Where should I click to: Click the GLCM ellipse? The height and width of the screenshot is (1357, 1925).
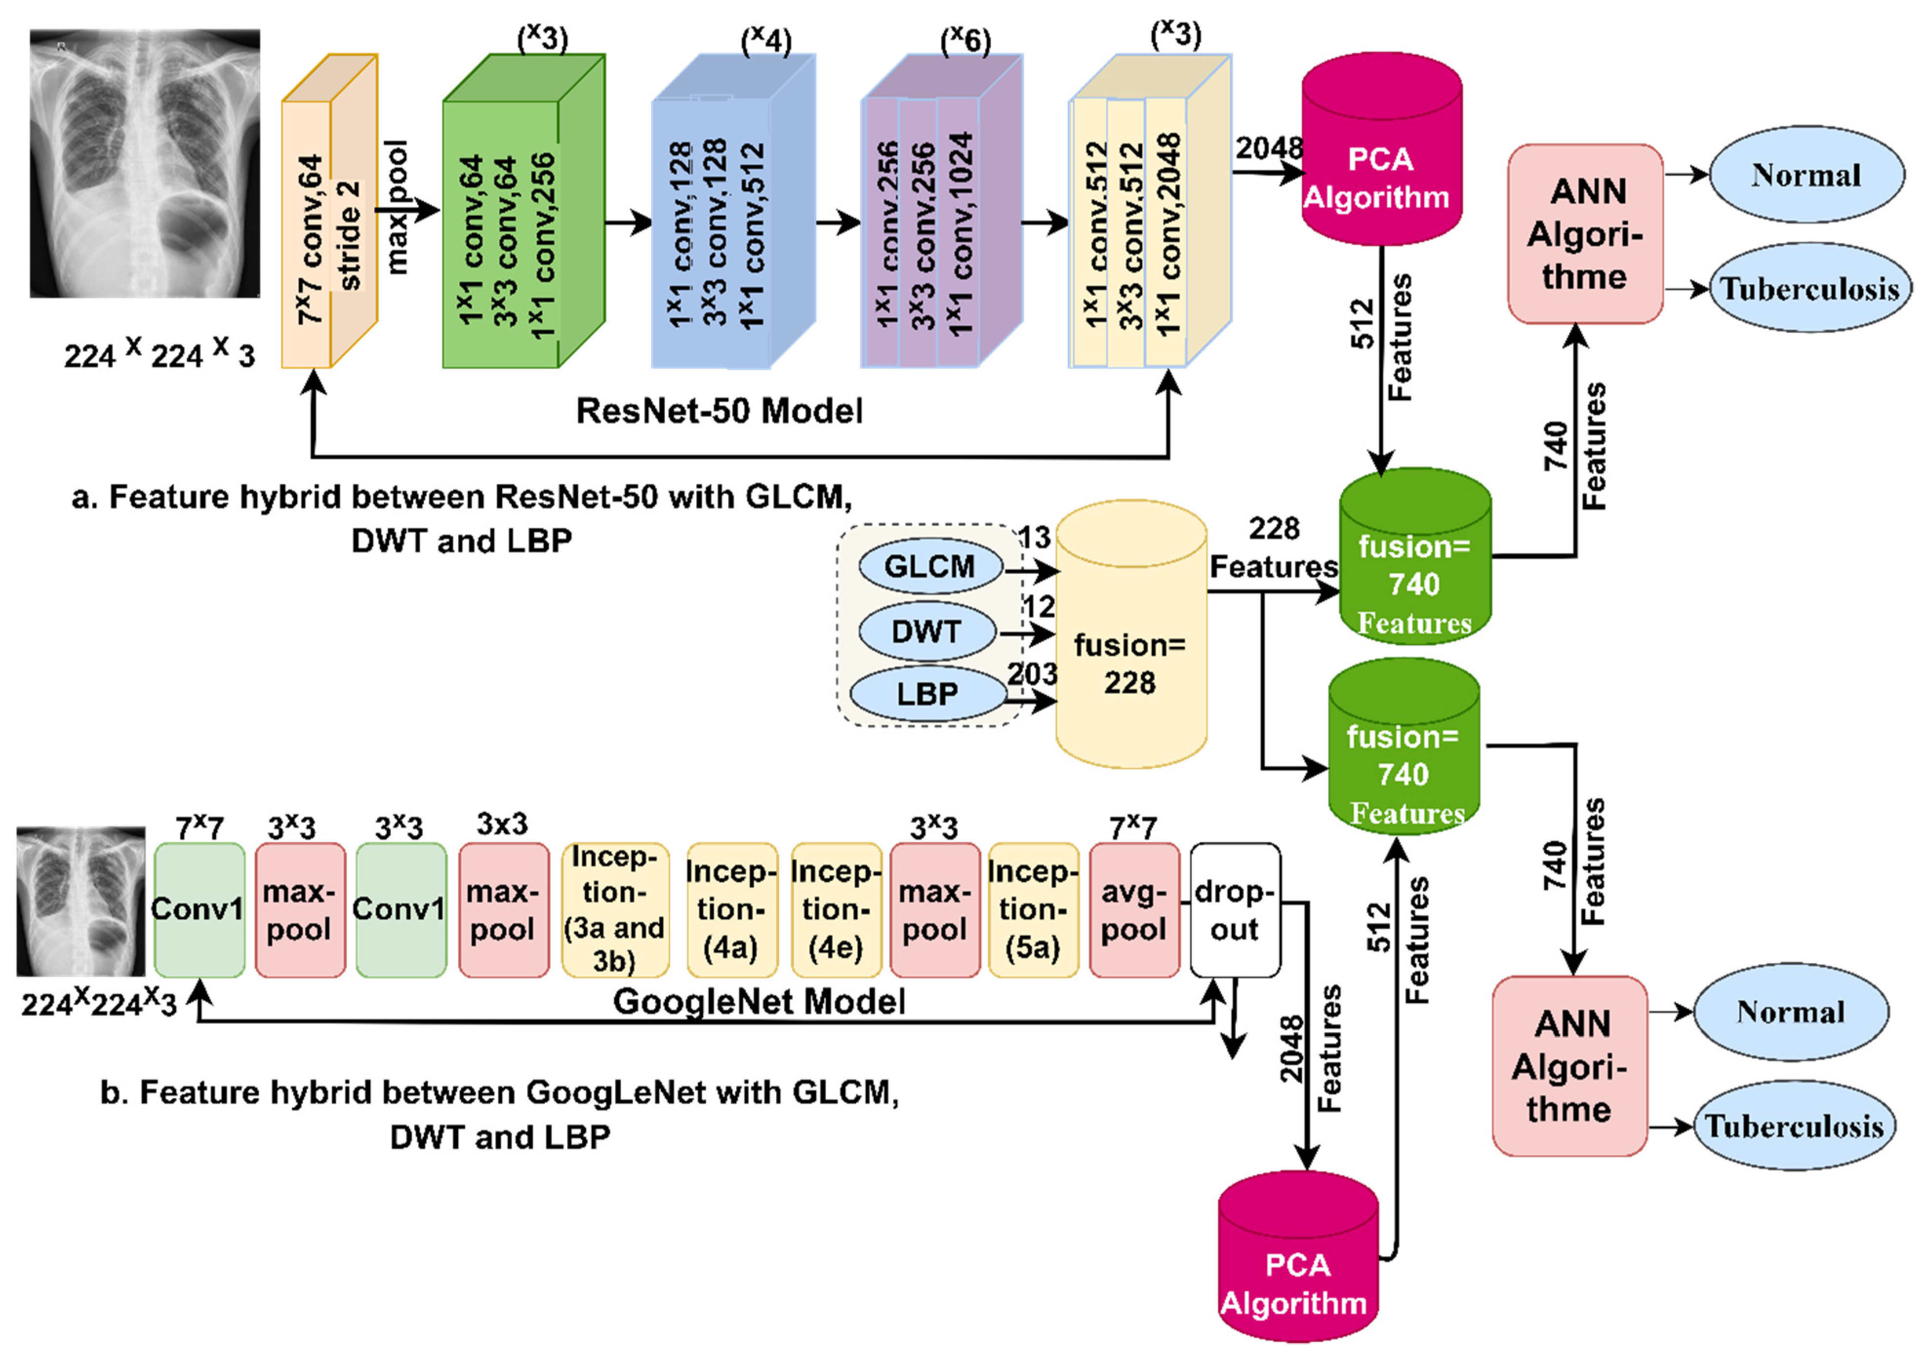point(930,567)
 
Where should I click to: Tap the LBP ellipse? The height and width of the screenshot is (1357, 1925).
point(927,694)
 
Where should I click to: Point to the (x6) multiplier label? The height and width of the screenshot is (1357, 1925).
point(965,40)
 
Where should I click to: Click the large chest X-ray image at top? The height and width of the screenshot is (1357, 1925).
point(145,163)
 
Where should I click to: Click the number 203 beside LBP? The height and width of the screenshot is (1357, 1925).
point(1032,674)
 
